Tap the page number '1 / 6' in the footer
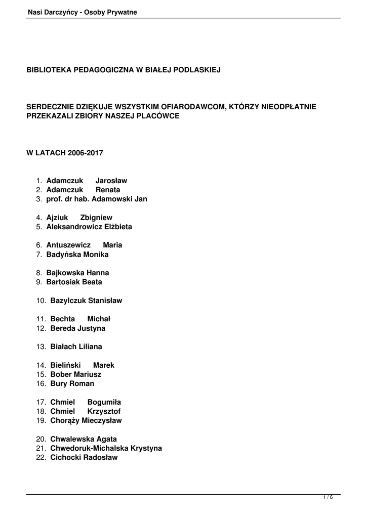pyautogui.click(x=329, y=498)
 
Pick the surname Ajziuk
pyautogui.click(x=57, y=218)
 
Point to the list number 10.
pyautogui.click(x=41, y=300)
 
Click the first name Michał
pyautogui.click(x=99, y=319)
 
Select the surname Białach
pyautogui.click(x=63, y=347)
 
